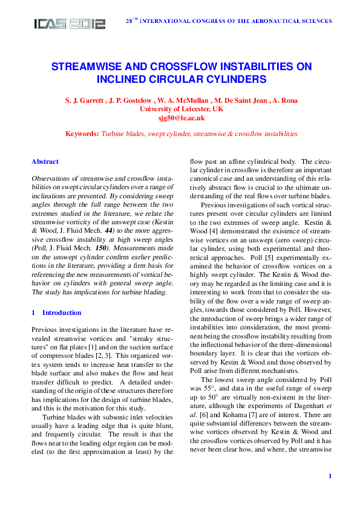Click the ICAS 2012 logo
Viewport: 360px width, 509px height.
coord(70,24)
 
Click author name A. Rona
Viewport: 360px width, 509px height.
coord(286,100)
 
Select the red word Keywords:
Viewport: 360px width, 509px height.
coord(82,134)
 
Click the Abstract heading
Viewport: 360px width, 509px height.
coord(45,162)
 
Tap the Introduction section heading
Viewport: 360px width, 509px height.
coord(62,313)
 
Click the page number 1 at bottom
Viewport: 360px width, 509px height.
coord(330,477)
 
